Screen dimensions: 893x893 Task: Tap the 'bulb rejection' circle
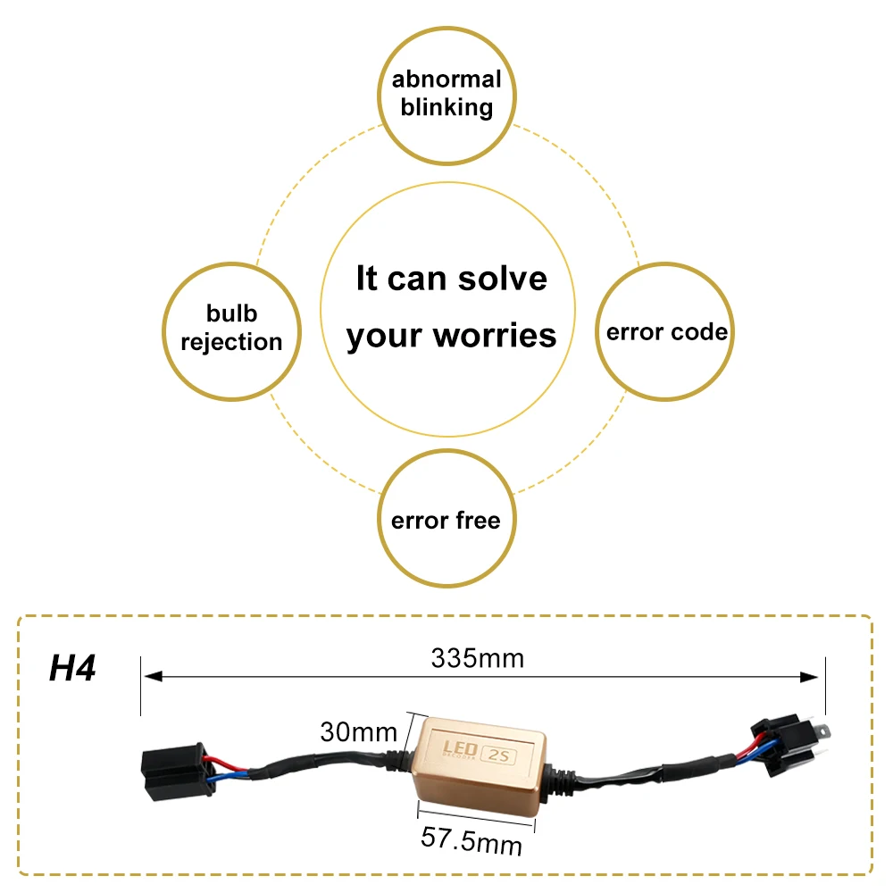[x=231, y=328]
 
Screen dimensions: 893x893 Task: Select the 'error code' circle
[x=666, y=332]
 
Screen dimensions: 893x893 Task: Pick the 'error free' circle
[x=446, y=520]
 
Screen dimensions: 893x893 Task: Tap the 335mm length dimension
[x=477, y=658]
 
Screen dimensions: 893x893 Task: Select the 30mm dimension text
[x=358, y=732]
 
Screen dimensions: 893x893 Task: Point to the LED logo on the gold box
[x=462, y=747]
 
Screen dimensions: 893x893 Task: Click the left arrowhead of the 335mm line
[x=148, y=678]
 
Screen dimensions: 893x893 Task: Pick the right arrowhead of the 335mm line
[x=816, y=678]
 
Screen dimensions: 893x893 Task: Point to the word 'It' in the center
[x=367, y=279]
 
